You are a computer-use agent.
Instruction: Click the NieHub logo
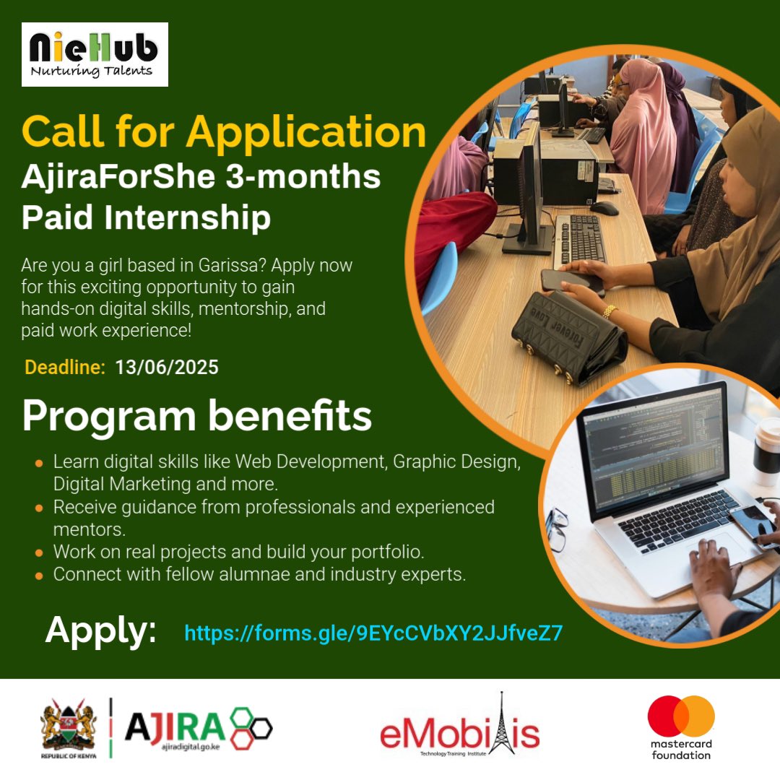[x=95, y=54]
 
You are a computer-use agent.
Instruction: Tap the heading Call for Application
[x=224, y=133]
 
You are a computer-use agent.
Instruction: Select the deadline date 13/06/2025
[x=166, y=368]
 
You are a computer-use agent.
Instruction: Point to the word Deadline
[x=65, y=368]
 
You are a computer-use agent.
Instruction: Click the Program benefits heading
[x=196, y=417]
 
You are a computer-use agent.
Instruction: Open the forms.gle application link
[x=373, y=633]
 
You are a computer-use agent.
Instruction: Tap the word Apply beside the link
[x=101, y=630]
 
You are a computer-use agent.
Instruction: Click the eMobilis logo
[x=460, y=732]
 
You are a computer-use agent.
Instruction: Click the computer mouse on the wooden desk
[x=604, y=208]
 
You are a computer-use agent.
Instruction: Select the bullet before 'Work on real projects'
[x=39, y=553]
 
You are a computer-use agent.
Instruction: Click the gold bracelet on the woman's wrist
[x=610, y=311]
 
